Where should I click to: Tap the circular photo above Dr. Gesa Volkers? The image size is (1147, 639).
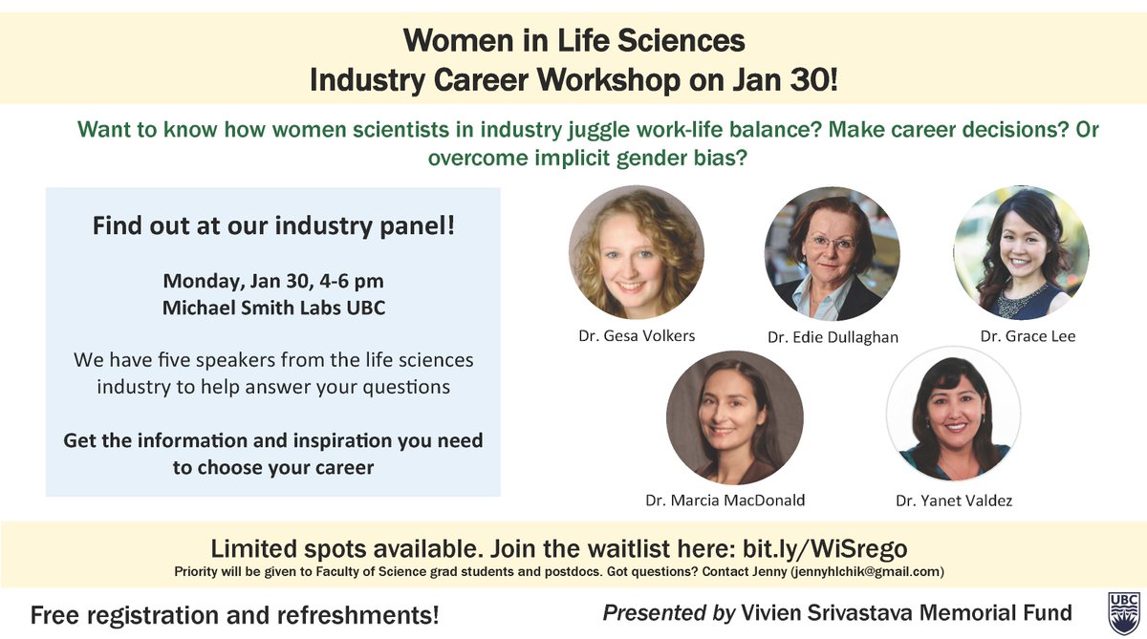point(636,252)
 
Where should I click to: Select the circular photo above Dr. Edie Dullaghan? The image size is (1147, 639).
point(832,253)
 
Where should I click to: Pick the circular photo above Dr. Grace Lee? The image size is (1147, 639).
point(1021,252)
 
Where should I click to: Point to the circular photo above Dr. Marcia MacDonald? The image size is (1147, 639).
point(734,417)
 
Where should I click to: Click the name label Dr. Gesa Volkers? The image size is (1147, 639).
point(636,335)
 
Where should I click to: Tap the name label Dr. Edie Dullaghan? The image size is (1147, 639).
point(833,337)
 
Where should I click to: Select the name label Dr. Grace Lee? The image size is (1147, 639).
point(1028,336)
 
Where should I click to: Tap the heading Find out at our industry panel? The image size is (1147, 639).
point(273,227)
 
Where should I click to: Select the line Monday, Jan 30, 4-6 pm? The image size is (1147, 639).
point(273,282)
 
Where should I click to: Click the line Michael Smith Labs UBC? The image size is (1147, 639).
point(273,308)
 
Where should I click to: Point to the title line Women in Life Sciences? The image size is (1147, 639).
point(573,41)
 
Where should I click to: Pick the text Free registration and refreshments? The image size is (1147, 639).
point(235,615)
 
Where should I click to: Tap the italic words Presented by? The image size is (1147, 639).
point(668,612)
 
